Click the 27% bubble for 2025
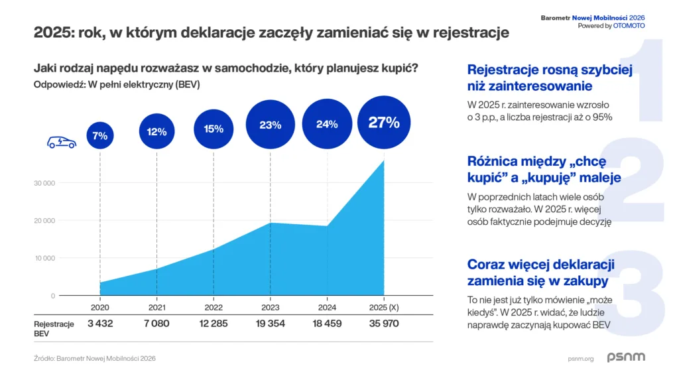tap(384, 123)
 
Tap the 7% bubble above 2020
tap(99, 135)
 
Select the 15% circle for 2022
tap(214, 129)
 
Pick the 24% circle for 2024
tap(327, 124)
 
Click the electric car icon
tap(61, 142)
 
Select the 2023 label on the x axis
tap(271, 307)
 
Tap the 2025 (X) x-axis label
tap(384, 307)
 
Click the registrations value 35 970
tap(384, 324)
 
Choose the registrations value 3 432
tap(99, 324)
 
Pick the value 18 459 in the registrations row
tap(327, 324)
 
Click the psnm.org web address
tap(581, 358)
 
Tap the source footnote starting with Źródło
tap(95, 358)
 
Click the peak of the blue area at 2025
tap(384, 161)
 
